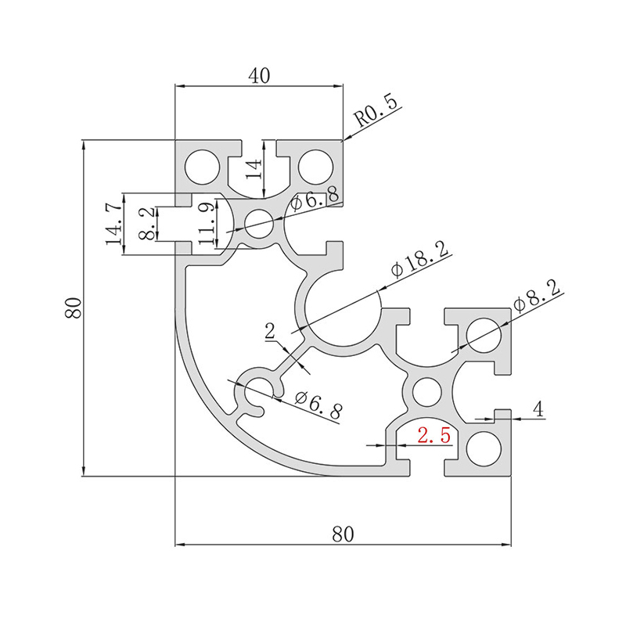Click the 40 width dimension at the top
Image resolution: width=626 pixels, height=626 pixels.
(259, 75)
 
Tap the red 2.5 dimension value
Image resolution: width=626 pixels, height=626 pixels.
(434, 435)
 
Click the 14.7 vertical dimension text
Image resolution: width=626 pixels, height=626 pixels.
(113, 224)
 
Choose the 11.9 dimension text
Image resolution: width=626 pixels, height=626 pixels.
(207, 224)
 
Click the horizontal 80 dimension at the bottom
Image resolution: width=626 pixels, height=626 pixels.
(343, 534)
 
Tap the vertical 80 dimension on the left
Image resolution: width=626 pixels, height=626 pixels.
(73, 308)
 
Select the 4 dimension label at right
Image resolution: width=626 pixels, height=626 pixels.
(538, 408)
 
